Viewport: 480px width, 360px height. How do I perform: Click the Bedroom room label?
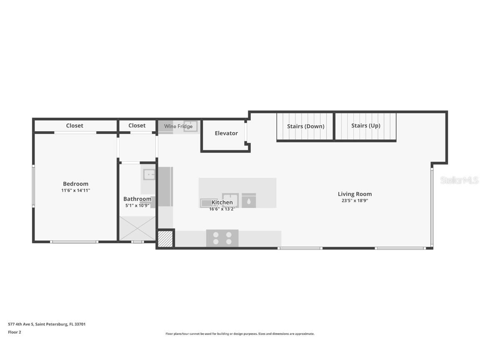[75, 184]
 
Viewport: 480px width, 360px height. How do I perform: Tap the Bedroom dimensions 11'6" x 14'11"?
[75, 190]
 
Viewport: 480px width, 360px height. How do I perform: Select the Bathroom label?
[137, 199]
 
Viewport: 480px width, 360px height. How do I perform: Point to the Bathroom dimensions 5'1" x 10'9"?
[137, 205]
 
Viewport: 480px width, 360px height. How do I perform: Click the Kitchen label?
[222, 202]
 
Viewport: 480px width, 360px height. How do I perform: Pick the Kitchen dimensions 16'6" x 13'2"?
[222, 209]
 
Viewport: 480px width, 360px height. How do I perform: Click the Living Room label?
[355, 194]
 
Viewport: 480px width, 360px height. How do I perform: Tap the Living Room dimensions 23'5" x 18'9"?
[355, 200]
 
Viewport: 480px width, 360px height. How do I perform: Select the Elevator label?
[226, 133]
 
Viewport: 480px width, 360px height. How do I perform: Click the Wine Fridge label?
[178, 126]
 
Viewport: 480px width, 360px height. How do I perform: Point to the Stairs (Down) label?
[305, 126]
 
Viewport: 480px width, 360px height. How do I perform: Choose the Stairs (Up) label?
[365, 126]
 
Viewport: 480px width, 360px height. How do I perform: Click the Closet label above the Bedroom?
[75, 125]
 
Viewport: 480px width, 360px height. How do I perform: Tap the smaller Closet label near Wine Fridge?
[137, 125]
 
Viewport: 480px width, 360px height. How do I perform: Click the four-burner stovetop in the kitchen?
[222, 238]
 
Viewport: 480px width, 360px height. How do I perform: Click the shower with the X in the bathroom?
[137, 228]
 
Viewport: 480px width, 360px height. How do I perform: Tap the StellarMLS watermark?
[460, 180]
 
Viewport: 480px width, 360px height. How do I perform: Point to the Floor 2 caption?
[14, 332]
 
